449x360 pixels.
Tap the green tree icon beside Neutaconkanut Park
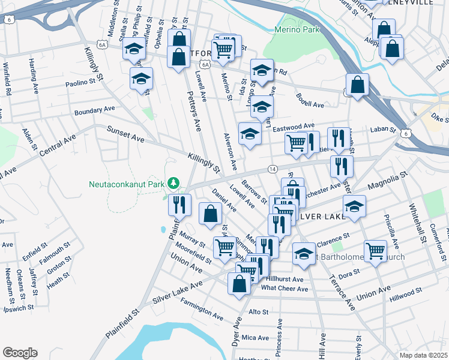coord(173,182)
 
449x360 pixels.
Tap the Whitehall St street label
coord(417,213)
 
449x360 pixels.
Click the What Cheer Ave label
coord(285,289)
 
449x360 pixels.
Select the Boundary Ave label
coord(94,111)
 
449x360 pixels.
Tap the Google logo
coord(20,353)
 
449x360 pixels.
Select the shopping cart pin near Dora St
coord(375,250)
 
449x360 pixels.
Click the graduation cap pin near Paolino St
coord(142,79)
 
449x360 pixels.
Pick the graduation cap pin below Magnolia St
coord(355,207)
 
